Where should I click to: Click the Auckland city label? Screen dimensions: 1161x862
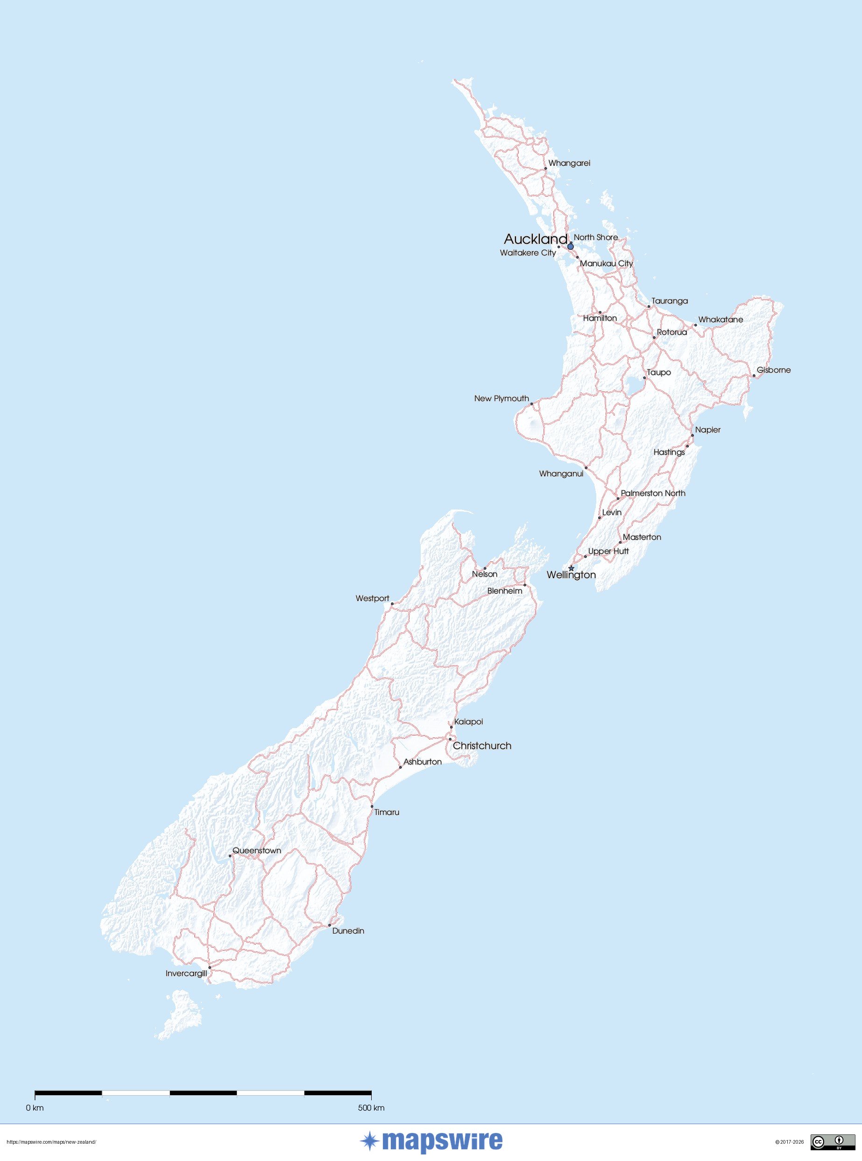535,239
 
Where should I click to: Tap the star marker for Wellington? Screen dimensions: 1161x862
572,568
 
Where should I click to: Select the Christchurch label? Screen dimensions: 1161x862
481,746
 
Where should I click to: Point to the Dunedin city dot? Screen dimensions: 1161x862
329,925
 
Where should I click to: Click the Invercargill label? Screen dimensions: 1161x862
186,973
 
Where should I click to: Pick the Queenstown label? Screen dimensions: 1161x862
256,850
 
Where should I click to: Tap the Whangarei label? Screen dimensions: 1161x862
569,163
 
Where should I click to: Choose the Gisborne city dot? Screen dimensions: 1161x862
754,375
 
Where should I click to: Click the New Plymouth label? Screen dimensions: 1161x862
501,399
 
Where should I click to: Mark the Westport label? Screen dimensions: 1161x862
372,599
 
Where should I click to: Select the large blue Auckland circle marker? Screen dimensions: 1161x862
570,246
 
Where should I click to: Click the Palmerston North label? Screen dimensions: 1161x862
653,493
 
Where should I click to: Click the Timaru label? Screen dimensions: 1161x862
387,813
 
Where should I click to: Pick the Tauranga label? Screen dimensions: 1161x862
670,301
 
